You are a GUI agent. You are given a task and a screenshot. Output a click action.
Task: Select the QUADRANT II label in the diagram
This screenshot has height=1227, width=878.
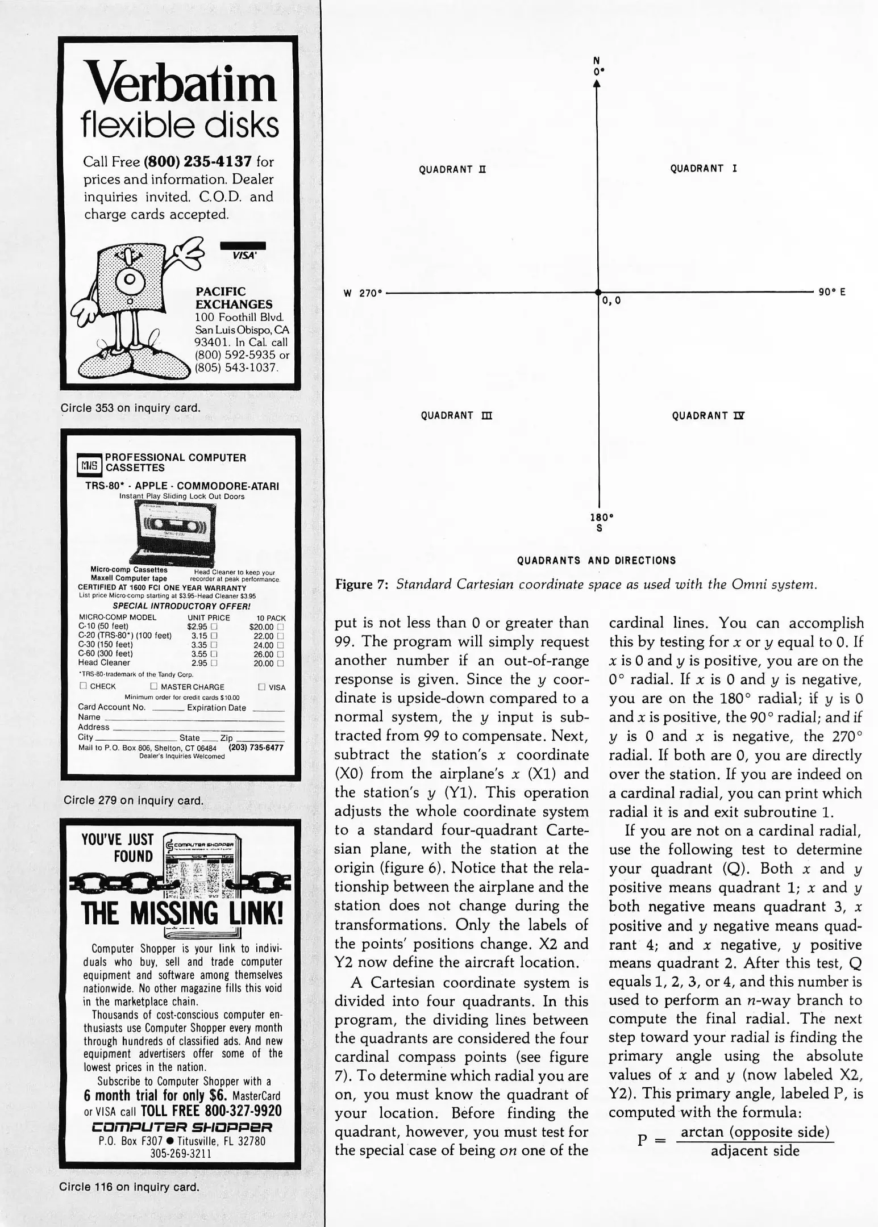point(452,169)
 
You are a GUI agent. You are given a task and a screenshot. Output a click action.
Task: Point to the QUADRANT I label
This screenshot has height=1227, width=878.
point(704,169)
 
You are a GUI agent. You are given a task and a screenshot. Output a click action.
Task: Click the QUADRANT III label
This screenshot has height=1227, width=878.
point(456,415)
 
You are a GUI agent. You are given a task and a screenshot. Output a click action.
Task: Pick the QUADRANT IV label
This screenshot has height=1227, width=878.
point(708,415)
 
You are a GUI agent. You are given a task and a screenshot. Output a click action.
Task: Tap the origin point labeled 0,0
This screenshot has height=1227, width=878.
point(598,292)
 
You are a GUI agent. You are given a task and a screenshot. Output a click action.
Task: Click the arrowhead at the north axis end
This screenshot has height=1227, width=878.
point(597,83)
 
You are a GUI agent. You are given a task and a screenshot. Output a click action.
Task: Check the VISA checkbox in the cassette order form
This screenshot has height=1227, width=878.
point(261,687)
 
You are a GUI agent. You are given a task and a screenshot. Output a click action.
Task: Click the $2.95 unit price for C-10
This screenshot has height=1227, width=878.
point(199,627)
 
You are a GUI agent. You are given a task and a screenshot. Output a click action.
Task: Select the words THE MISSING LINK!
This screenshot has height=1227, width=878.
point(182,914)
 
